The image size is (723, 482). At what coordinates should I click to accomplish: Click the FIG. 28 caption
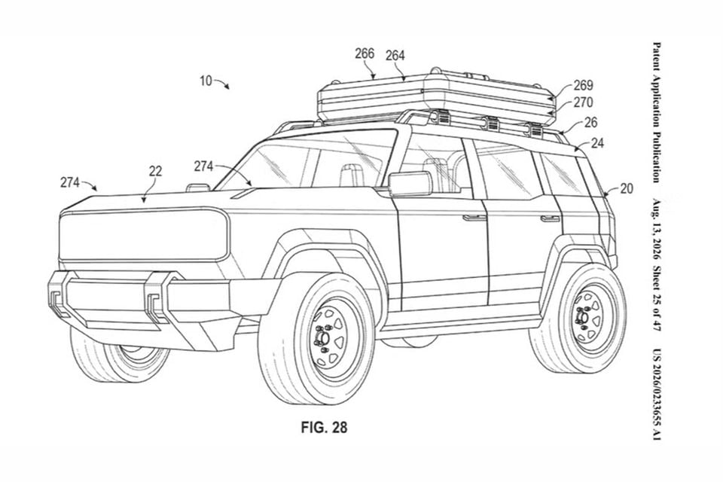[x=324, y=427]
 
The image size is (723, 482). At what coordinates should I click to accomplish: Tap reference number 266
[x=365, y=53]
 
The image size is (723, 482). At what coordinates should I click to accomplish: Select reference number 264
[x=395, y=55]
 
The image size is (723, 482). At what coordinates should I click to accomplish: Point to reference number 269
[x=583, y=85]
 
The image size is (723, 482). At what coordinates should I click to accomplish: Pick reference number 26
[x=590, y=122]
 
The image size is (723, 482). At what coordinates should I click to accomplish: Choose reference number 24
[x=597, y=143]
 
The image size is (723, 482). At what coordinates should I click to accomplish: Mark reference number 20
[x=626, y=188]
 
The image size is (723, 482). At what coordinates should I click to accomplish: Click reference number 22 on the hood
[x=155, y=172]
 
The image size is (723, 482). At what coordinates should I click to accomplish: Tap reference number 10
[x=206, y=81]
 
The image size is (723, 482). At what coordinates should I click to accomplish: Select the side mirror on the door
[x=410, y=184]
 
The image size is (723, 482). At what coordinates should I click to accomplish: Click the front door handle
[x=472, y=217]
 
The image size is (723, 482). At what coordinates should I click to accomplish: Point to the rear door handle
[x=551, y=218]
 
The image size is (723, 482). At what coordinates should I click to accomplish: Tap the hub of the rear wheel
[x=582, y=317]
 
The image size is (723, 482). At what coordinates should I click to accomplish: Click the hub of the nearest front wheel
[x=322, y=340]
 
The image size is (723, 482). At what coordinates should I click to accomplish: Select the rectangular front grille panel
[x=144, y=236]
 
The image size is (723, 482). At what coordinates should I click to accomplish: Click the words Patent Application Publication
[x=656, y=112]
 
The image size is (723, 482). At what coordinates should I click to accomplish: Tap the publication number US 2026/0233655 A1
[x=656, y=394]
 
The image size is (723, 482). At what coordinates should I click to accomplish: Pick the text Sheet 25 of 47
[x=656, y=299]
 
